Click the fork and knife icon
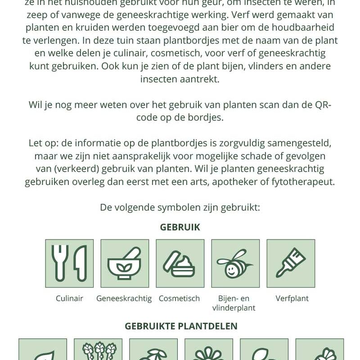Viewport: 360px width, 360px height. (69, 263)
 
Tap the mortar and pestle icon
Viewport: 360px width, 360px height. (125, 263)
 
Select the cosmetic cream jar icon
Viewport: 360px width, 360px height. (180, 263)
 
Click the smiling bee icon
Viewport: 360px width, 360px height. (235, 263)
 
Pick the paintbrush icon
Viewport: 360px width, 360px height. (291, 263)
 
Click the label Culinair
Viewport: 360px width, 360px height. (69, 298)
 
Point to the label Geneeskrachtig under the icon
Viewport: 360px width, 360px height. (124, 298)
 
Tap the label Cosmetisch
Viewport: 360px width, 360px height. (179, 298)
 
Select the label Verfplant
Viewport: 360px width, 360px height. (292, 298)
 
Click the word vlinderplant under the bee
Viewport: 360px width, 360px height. (234, 308)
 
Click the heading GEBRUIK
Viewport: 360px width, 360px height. (180, 227)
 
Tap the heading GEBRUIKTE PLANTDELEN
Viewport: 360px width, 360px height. (181, 326)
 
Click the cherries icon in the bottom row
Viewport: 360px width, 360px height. (153, 353)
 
